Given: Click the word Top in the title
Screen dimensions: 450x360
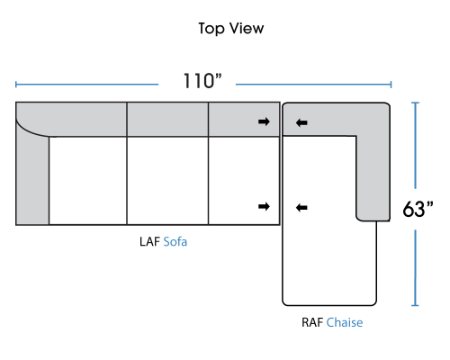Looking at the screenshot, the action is click(x=211, y=29).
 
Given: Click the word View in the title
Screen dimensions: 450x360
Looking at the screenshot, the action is click(x=247, y=29).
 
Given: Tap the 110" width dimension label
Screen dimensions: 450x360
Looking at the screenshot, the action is click(x=202, y=81).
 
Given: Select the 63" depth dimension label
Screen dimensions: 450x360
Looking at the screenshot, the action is click(x=418, y=209).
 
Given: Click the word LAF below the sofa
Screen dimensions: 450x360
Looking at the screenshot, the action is click(x=149, y=242).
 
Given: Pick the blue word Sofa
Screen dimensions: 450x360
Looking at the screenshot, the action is click(x=175, y=242).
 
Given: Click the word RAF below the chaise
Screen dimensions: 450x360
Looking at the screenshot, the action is click(x=312, y=322).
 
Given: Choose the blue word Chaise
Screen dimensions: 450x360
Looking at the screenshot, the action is click(x=345, y=322).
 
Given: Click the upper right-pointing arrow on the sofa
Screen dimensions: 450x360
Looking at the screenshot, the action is click(x=264, y=121).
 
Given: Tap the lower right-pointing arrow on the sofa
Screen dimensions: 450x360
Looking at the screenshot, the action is click(x=264, y=206).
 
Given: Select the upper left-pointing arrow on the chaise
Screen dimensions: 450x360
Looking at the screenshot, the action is click(x=301, y=122).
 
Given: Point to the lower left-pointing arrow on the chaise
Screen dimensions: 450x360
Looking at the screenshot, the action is click(x=301, y=207).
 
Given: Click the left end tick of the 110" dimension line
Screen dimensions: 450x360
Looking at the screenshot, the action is click(x=16, y=85).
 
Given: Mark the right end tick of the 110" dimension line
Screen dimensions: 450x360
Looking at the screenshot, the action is click(x=391, y=85).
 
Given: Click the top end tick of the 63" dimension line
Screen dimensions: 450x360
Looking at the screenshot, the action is click(x=415, y=103).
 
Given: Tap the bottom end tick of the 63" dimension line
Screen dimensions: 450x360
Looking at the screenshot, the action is click(x=415, y=305).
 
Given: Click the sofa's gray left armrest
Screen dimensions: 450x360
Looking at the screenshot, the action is click(x=32, y=180).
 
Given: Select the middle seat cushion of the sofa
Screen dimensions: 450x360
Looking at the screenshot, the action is click(x=167, y=181).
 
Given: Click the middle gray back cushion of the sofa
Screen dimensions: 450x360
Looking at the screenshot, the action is click(x=167, y=120).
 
